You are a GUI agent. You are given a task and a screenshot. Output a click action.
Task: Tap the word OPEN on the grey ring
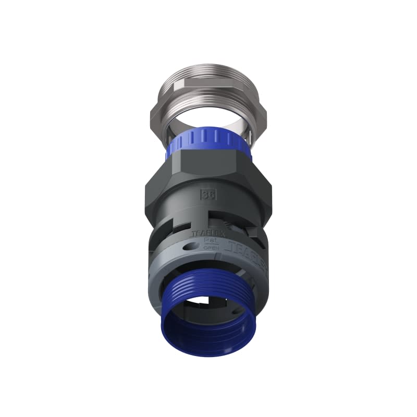pos(210,249)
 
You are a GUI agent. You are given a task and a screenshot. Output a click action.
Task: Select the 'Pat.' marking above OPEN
pos(210,242)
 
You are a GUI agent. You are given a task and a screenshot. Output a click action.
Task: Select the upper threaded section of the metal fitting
pos(208,86)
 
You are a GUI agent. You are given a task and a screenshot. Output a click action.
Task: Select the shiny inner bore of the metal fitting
pos(208,126)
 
